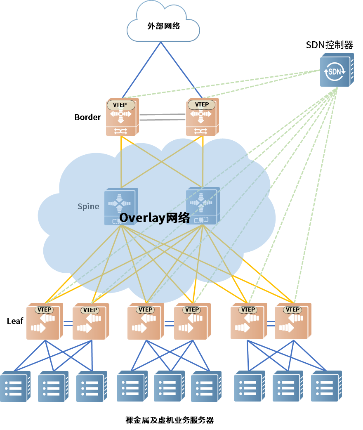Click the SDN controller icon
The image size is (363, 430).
pyautogui.click(x=336, y=70)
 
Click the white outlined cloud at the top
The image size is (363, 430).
pyautogui.click(x=163, y=23)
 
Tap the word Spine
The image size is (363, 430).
pyautogui.click(x=88, y=206)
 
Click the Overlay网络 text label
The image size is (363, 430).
pyautogui.click(x=155, y=218)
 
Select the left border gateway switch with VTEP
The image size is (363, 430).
pyautogui.click(x=122, y=117)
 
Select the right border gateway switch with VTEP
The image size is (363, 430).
pyautogui.click(x=202, y=117)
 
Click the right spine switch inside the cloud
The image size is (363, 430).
pyautogui.click(x=202, y=206)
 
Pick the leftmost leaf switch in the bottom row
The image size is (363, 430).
pyautogui.click(x=44, y=322)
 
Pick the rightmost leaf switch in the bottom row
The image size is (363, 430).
pyautogui.click(x=292, y=322)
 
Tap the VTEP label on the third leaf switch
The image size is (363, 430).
pyautogui.click(x=146, y=310)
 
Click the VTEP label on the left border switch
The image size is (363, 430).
pyautogui.click(x=120, y=105)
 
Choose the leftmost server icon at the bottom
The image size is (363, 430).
pyautogui.click(x=15, y=387)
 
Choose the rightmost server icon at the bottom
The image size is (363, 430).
pyautogui.click(x=326, y=387)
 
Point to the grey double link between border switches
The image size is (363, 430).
pyautogui.click(x=162, y=117)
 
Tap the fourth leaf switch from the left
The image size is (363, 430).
pyautogui.click(x=191, y=322)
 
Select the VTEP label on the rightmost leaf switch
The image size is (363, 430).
pyautogui.click(x=292, y=310)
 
